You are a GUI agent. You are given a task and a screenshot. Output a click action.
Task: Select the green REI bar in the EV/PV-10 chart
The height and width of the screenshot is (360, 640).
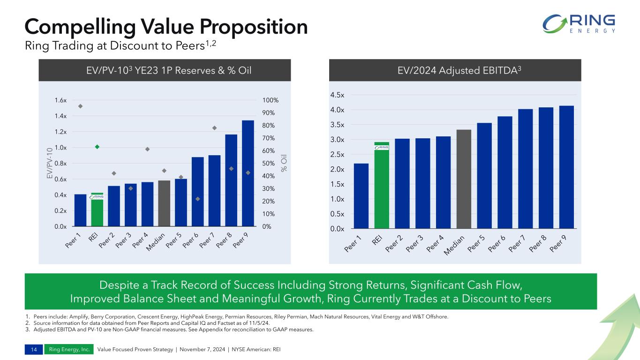[x=97, y=210]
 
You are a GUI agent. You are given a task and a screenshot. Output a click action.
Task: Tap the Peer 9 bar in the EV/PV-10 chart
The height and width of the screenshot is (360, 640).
[x=248, y=173]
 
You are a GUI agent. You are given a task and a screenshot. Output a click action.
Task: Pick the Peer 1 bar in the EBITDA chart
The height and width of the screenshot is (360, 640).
[x=361, y=196]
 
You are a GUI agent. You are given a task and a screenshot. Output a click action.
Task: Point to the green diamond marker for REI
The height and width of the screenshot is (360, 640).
[x=97, y=147]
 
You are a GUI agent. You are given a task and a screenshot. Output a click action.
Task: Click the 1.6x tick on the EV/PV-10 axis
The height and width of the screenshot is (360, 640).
[x=60, y=100]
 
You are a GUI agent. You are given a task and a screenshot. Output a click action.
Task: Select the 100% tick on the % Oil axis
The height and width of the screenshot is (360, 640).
[x=270, y=100]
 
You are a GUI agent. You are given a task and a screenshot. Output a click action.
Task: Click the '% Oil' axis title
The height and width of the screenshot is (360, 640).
[x=284, y=163]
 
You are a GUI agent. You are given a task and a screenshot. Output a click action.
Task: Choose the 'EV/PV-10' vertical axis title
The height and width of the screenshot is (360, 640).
[x=48, y=163]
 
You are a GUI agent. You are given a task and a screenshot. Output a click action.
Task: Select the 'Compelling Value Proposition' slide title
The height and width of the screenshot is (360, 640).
[x=166, y=27]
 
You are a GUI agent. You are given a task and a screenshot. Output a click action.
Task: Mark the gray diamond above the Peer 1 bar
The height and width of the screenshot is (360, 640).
[x=80, y=106]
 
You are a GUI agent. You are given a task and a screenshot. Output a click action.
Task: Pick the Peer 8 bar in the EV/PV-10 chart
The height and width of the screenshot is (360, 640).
[x=231, y=180]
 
